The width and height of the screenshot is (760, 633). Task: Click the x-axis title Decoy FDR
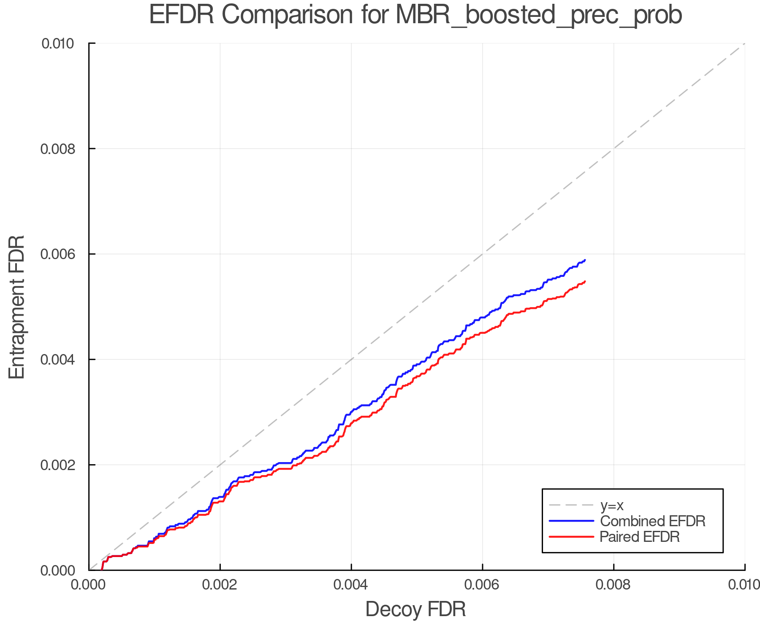point(415,609)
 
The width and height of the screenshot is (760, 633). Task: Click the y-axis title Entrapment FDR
point(17,307)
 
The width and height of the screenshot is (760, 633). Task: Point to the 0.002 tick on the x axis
point(220,584)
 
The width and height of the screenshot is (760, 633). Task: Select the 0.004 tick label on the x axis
point(351,584)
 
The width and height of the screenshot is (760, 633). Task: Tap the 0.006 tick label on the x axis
point(482,584)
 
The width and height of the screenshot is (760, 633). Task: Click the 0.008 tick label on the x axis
point(613,584)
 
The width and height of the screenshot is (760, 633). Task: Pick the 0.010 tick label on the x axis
point(744,584)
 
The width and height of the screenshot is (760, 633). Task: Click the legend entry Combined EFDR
point(653,521)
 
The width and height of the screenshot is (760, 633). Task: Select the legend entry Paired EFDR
point(640,537)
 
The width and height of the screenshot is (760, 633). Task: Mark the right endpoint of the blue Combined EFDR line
point(585,260)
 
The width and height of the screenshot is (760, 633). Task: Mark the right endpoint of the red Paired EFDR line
point(585,281)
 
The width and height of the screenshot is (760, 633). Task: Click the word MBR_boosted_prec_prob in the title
point(539,15)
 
